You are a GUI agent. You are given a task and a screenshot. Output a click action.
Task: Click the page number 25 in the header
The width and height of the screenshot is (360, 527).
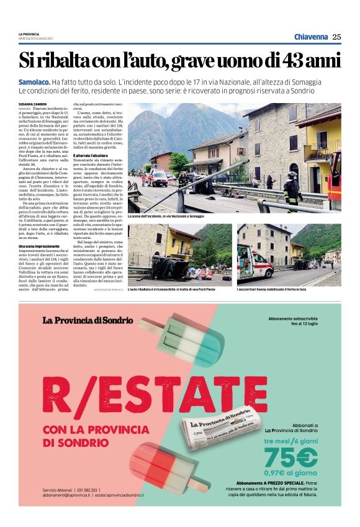point(336,37)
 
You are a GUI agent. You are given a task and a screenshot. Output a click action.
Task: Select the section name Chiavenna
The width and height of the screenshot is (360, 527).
point(311,37)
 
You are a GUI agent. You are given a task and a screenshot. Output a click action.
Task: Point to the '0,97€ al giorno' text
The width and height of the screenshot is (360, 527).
point(291,473)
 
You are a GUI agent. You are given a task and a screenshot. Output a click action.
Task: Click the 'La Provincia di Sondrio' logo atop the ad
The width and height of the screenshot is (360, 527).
point(88,320)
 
